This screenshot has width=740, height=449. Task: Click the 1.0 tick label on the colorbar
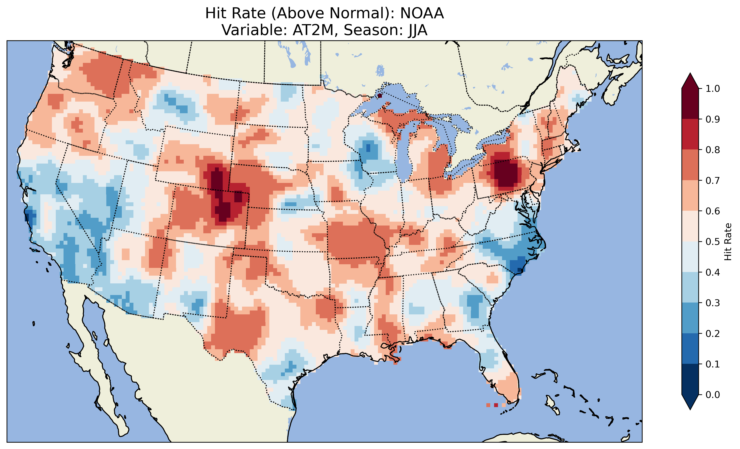pyautogui.click(x=713, y=89)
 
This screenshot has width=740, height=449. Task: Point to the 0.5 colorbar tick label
pyautogui.click(x=713, y=242)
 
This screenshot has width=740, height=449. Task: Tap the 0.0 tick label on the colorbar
pyautogui.click(x=713, y=395)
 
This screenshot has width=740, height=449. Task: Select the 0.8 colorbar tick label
pyautogui.click(x=713, y=150)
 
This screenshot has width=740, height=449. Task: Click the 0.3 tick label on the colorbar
pyautogui.click(x=713, y=303)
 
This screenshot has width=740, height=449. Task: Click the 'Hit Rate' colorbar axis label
pyautogui.click(x=728, y=242)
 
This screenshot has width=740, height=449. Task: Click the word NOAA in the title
pyautogui.click(x=422, y=13)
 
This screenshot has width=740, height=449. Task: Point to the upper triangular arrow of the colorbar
pyautogui.click(x=690, y=81)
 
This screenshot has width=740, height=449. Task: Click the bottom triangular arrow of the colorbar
pyautogui.click(x=690, y=402)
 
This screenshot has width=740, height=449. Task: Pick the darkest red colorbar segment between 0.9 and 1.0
pyautogui.click(x=690, y=104)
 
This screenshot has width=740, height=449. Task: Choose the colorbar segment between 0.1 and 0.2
pyautogui.click(x=690, y=349)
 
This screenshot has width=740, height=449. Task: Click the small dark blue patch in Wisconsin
pyautogui.click(x=368, y=148)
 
